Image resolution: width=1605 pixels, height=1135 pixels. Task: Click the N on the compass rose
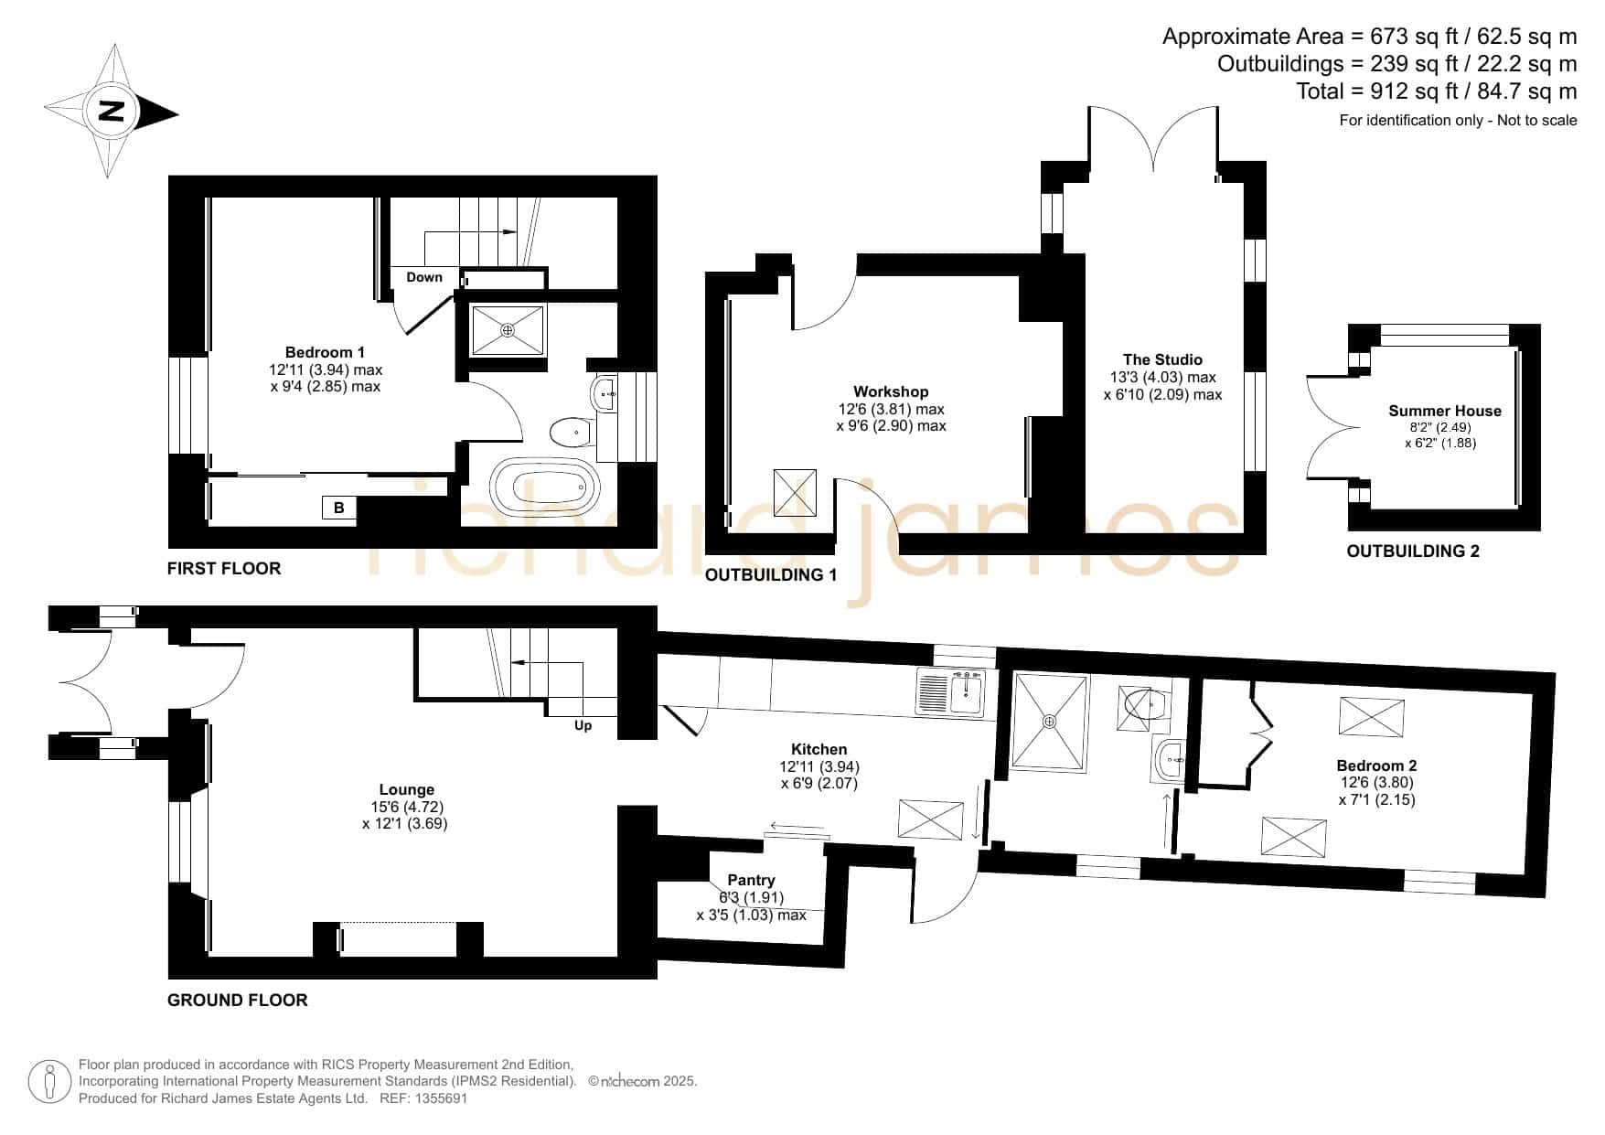coord(111,111)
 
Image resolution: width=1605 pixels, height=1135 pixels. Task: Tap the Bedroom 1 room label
coord(325,352)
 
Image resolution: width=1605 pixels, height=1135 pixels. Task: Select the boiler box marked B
coord(338,508)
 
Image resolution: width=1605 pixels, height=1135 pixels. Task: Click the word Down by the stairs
coord(424,277)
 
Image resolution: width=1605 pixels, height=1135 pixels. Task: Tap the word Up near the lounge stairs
coord(583,725)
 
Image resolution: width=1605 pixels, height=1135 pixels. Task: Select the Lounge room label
coord(407,789)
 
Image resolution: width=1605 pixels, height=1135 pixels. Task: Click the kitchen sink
coord(966,693)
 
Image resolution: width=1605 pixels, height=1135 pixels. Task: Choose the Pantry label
coord(751,880)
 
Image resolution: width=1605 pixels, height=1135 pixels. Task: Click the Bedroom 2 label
coord(1376,766)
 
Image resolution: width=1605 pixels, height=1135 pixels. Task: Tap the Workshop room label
coord(891,391)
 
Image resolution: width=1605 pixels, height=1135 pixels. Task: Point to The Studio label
coord(1162,359)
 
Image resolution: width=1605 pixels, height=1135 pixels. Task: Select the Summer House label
coord(1445,411)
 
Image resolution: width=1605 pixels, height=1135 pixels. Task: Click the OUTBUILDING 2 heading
coord(1413,551)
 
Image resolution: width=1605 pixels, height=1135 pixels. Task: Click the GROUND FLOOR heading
coord(238,1000)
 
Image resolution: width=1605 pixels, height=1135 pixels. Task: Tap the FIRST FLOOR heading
coord(224,568)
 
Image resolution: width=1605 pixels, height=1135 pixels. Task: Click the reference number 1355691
coord(442,1098)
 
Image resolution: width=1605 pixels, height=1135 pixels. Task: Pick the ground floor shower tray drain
coord(1049,721)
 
